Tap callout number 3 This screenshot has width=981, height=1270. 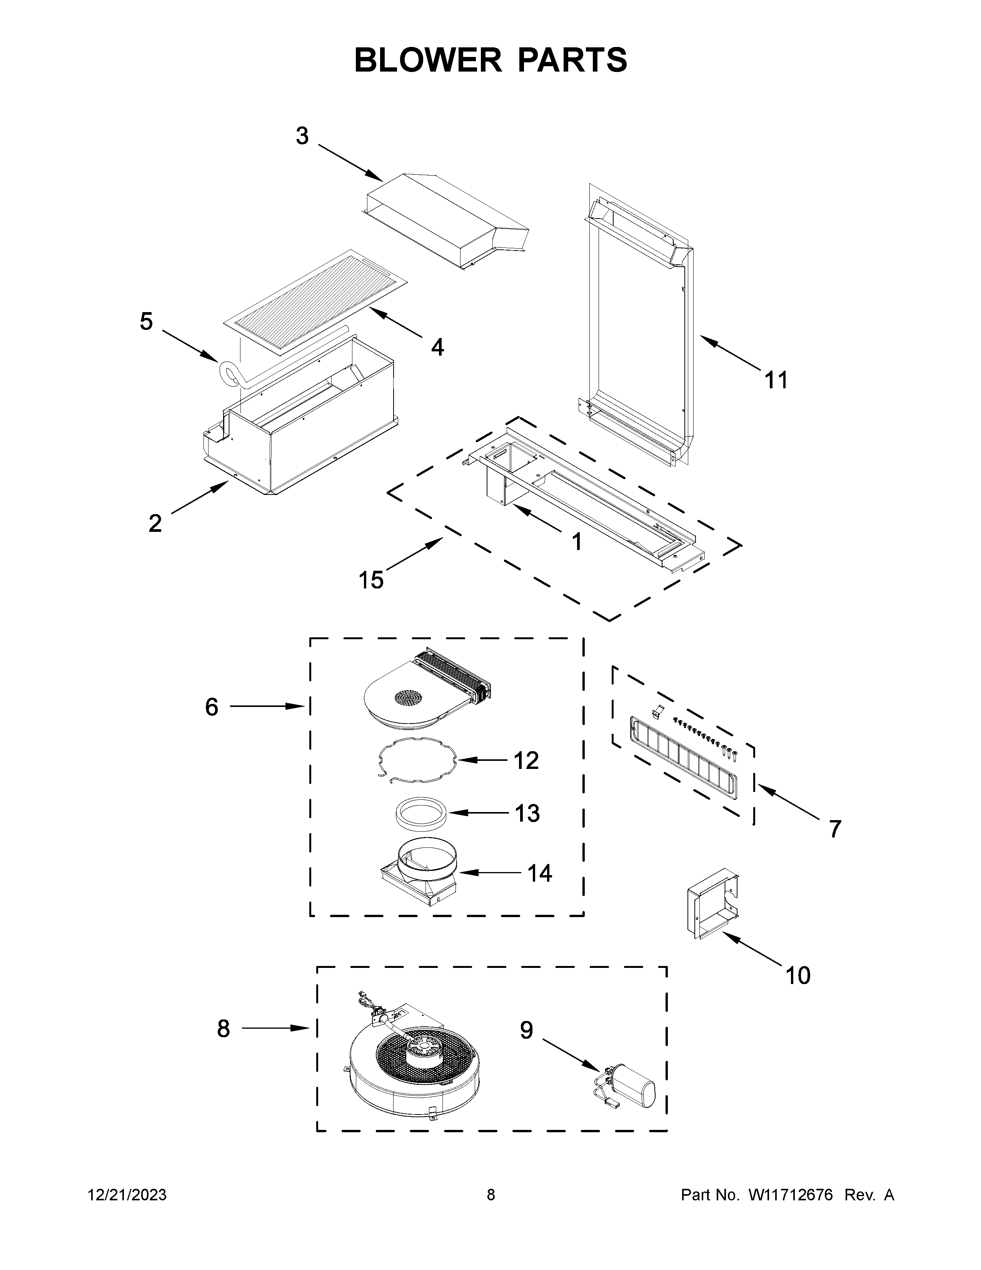pyautogui.click(x=302, y=136)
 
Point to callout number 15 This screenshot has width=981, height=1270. pyautogui.click(x=371, y=579)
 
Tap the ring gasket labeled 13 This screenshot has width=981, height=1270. pyautogui.click(x=421, y=812)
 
